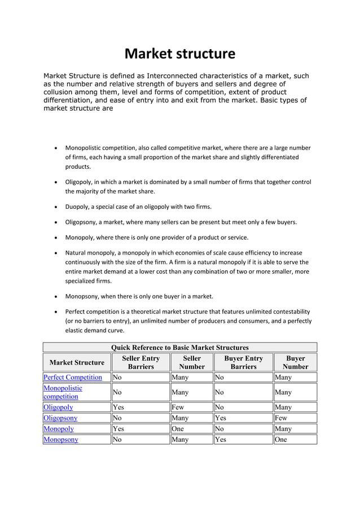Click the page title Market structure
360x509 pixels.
click(x=179, y=54)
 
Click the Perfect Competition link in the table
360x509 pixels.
click(x=73, y=377)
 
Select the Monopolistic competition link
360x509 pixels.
click(x=63, y=392)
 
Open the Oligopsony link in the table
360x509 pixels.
click(x=60, y=418)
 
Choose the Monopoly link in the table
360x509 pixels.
click(x=59, y=429)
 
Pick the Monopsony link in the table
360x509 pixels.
click(x=61, y=440)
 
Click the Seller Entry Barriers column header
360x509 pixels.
click(x=141, y=362)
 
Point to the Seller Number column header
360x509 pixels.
click(x=192, y=362)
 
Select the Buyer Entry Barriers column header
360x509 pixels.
click(x=243, y=362)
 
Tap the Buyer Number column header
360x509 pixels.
click(x=295, y=362)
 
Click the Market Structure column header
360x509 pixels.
click(x=77, y=362)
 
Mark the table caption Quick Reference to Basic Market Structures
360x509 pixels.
click(x=179, y=347)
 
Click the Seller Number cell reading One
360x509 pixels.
click(x=178, y=429)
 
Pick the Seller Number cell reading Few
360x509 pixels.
click(x=178, y=407)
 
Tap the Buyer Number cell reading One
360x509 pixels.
click(x=281, y=440)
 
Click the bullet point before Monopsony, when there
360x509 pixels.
click(x=55, y=296)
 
